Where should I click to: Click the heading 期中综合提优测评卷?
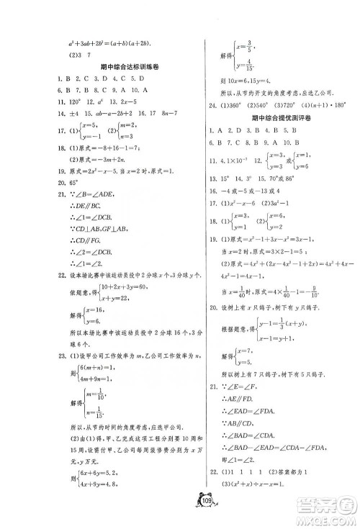tap(277, 117)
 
